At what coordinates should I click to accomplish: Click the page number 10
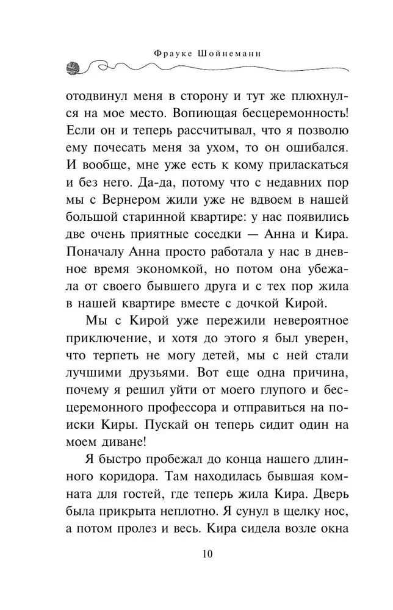click(196, 554)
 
